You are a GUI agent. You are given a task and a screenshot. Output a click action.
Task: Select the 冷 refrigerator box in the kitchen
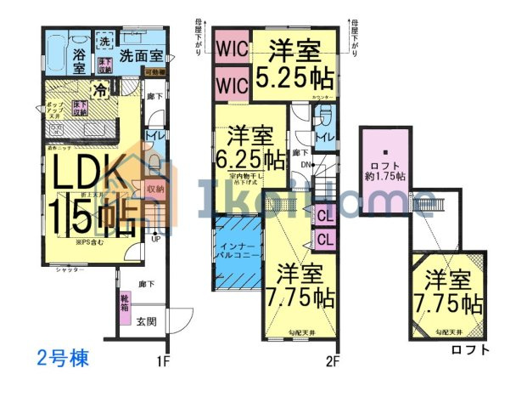101,89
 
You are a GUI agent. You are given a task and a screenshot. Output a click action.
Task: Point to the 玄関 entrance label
146,321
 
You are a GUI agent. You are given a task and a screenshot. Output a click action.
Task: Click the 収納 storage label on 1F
154,190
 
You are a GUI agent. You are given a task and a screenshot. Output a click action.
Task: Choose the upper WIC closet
230,48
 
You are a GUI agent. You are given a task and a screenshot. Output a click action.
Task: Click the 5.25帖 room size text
294,75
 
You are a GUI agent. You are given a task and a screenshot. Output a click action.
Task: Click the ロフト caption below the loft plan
468,348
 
